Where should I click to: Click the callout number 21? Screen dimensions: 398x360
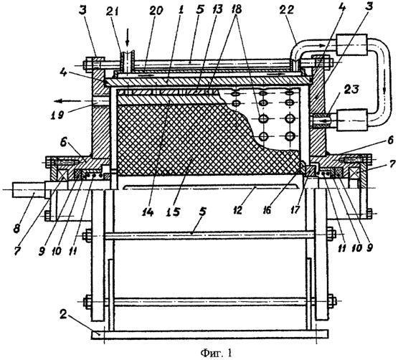pyautogui.click(x=115, y=12)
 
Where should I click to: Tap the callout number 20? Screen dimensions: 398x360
pyautogui.click(x=157, y=12)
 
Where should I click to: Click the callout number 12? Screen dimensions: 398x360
pyautogui.click(x=238, y=210)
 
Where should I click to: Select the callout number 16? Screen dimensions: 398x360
pyautogui.click(x=268, y=210)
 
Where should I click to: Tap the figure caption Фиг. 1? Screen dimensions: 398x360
pyautogui.click(x=216, y=352)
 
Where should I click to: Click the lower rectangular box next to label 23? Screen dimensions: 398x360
pyautogui.click(x=352, y=120)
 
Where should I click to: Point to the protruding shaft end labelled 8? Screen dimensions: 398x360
pyautogui.click(x=29, y=189)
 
